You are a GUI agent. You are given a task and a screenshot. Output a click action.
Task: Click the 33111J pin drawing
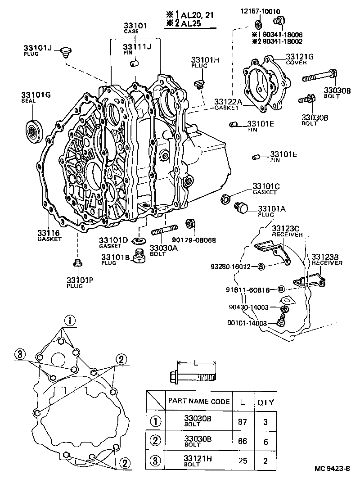pos(133,64)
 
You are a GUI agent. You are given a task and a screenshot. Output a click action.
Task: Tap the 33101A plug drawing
pos(242,208)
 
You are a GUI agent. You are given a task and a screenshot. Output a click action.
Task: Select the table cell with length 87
pos(242,422)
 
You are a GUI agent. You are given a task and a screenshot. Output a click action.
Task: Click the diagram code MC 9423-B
pos(333,481)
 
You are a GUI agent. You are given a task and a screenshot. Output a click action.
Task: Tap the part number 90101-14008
pos(247,323)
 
